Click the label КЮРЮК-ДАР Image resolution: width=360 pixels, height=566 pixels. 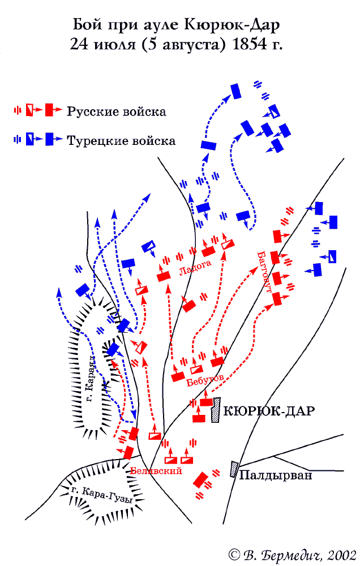pos(269,411)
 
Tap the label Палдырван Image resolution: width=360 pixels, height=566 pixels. pos(276,475)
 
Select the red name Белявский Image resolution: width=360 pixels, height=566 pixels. pos(156,471)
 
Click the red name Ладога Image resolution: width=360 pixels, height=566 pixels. pos(195,268)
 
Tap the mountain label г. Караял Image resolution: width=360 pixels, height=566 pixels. pos(89,379)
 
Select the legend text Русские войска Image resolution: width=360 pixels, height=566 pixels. pos(117,112)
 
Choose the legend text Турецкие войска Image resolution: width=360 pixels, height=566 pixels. pos(121,140)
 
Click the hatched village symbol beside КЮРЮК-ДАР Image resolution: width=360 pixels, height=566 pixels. pos(216,410)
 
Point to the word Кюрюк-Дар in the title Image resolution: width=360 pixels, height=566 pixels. pos(232,25)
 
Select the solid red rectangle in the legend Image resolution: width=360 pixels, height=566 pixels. pos(49,110)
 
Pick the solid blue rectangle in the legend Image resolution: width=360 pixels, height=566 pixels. pos(49,139)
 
